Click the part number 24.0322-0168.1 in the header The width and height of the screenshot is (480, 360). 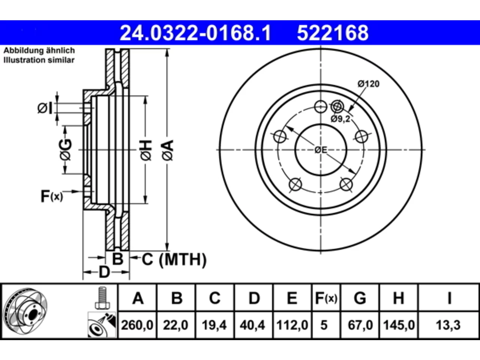click(195, 33)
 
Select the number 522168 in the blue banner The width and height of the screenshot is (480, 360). click(333, 33)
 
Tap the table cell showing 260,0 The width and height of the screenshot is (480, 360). click(137, 325)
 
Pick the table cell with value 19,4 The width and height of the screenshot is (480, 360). click(214, 325)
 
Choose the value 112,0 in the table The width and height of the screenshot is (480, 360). click(292, 325)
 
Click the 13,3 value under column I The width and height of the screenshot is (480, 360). click(448, 325)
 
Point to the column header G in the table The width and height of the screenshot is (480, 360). click(360, 298)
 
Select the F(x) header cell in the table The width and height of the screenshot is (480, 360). click(326, 298)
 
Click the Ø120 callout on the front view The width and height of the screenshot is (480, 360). click(369, 84)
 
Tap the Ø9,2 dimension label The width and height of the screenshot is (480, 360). click(340, 119)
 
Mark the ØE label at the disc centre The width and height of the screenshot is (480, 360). click(321, 150)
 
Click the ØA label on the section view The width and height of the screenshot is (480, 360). click(168, 150)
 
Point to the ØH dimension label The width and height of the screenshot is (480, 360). click(146, 150)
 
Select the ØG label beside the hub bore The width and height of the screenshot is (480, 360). click(65, 150)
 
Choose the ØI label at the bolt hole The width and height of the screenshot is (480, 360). click(45, 108)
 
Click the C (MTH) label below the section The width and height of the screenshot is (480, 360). click(174, 259)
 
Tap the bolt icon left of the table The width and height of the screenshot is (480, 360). click(102, 298)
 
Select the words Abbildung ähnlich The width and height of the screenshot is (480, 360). click(39, 51)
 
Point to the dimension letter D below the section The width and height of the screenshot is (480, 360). click(105, 272)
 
